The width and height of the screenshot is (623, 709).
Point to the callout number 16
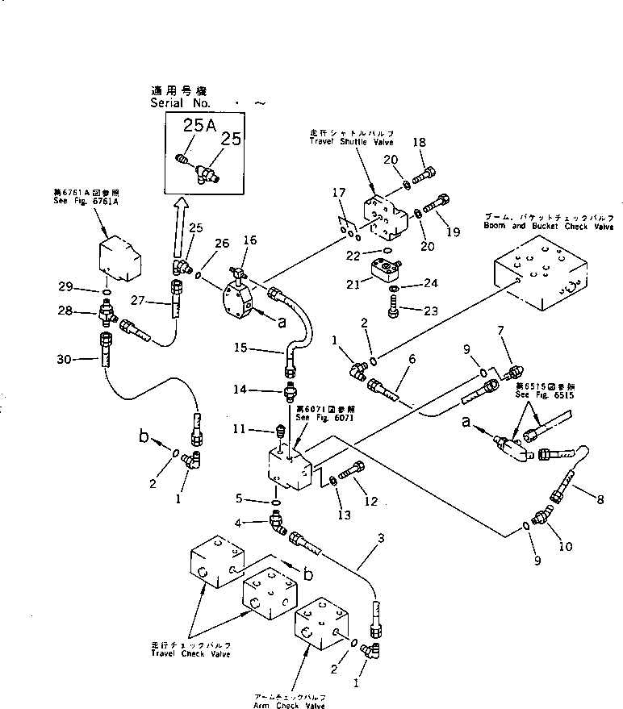pyautogui.click(x=249, y=240)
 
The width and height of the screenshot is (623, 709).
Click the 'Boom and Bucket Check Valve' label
pyautogui.click(x=549, y=227)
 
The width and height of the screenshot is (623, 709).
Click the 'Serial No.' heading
pyautogui.click(x=179, y=104)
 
